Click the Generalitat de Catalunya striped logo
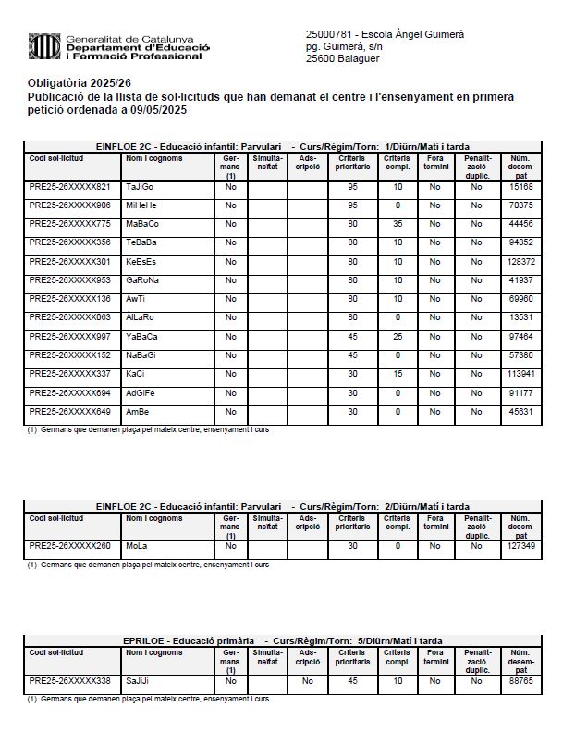click(43, 45)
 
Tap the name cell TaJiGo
click(141, 188)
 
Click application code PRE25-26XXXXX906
click(69, 205)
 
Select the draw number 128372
click(521, 262)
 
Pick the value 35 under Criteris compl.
click(398, 224)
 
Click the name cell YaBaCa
click(141, 337)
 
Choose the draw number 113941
click(521, 374)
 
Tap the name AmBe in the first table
click(137, 411)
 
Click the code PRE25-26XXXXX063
click(69, 317)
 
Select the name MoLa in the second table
click(137, 546)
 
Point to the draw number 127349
click(521, 546)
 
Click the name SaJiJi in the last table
click(139, 681)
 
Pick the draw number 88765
click(521, 681)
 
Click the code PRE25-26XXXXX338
click(69, 681)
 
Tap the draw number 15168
click(521, 188)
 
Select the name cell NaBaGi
click(141, 355)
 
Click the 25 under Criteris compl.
click(398, 337)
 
